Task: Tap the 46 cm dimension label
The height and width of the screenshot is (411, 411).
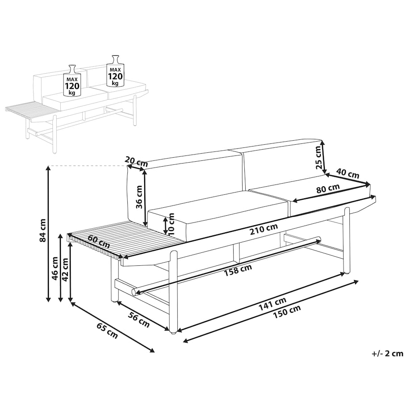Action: [x=55, y=268]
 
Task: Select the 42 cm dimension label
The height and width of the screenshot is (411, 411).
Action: [x=65, y=269]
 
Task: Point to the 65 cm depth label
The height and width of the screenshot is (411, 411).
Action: [x=107, y=331]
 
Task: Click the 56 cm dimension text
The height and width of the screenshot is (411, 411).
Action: [x=138, y=320]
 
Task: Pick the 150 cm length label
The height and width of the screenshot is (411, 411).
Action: [x=287, y=312]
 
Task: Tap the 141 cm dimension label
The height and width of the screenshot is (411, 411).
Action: [x=273, y=304]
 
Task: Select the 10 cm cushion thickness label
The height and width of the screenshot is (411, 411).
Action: [x=171, y=223]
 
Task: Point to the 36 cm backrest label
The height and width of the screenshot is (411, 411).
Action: [x=139, y=197]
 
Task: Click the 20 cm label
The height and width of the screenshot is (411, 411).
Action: [x=136, y=162]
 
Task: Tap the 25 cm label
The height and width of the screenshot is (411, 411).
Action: [x=318, y=157]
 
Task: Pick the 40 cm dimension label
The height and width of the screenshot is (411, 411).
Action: [x=348, y=173]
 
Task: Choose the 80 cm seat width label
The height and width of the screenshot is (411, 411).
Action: [x=328, y=189]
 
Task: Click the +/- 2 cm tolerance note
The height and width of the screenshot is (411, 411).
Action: [x=387, y=354]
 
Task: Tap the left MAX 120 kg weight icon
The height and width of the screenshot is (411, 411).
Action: [x=72, y=80]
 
